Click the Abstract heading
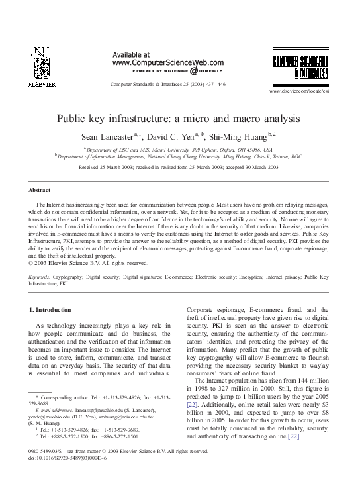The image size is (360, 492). [40, 190]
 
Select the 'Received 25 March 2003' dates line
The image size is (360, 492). [179, 168]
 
